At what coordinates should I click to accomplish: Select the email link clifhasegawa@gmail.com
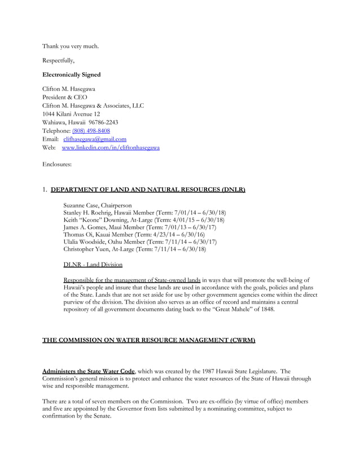click(95, 139)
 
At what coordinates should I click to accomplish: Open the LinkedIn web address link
click(111, 148)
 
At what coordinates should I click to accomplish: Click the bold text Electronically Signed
click(72, 74)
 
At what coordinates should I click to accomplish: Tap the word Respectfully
click(58, 60)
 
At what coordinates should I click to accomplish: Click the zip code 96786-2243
click(103, 122)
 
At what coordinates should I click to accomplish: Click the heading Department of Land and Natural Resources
click(148, 190)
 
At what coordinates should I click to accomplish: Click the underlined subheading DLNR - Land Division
click(93, 265)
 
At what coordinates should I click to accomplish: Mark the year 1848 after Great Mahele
click(265, 310)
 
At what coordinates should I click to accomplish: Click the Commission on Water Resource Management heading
click(149, 341)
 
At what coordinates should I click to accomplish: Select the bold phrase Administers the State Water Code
click(89, 372)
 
